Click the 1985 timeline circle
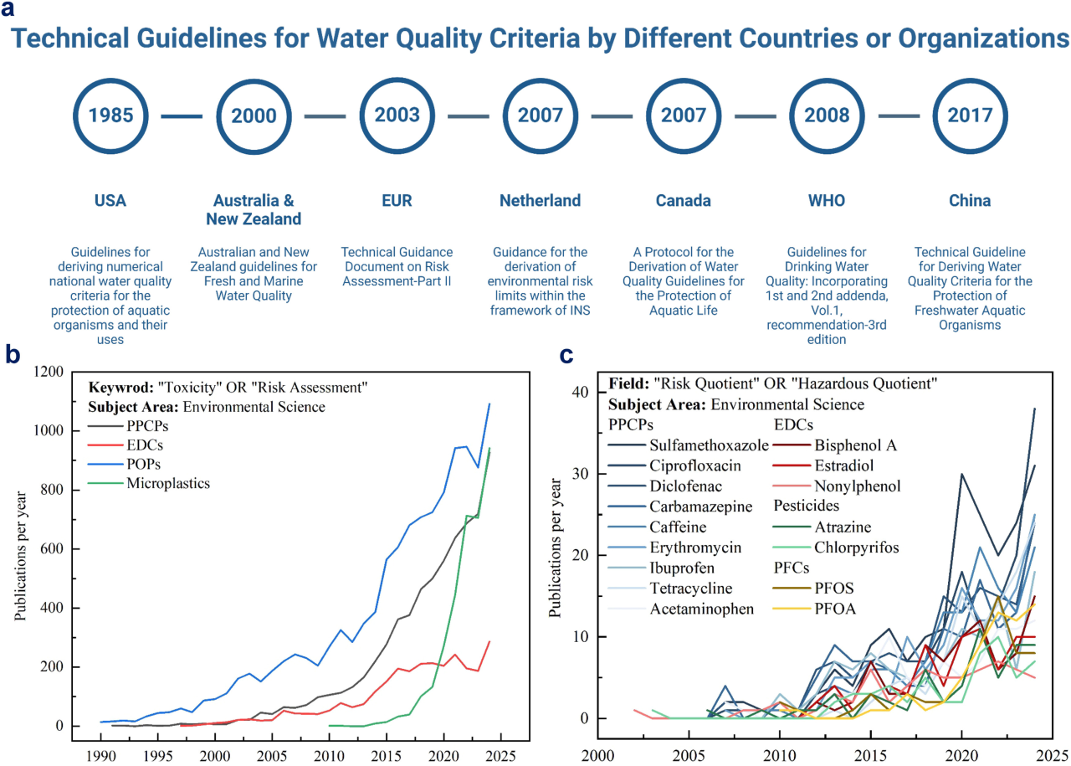coord(112,116)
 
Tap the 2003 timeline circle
coord(397,116)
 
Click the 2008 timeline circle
coord(827,116)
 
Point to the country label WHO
coord(827,201)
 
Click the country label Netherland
coord(540,201)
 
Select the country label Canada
coord(683,201)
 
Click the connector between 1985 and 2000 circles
coord(183,116)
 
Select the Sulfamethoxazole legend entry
coord(708,445)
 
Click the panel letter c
coord(566,355)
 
